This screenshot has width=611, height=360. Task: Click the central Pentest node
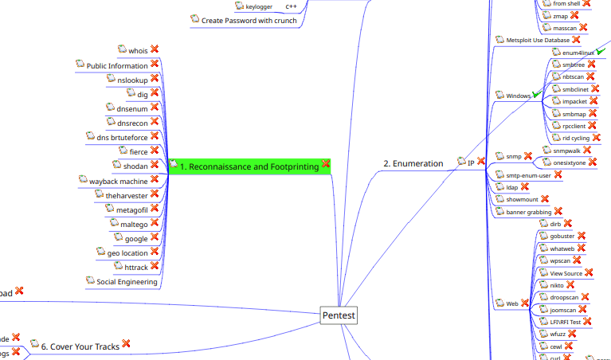pyautogui.click(x=339, y=315)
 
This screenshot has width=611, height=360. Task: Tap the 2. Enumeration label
pyautogui.click(x=413, y=163)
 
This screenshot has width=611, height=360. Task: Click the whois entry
pyautogui.click(x=138, y=51)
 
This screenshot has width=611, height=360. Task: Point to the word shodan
pyautogui.click(x=135, y=166)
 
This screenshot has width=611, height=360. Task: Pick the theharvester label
pyautogui.click(x=127, y=195)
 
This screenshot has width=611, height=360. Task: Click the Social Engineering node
pyautogui.click(x=127, y=281)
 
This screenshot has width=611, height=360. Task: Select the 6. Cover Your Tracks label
pyautogui.click(x=80, y=346)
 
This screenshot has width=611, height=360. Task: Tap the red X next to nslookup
pyautogui.click(x=155, y=79)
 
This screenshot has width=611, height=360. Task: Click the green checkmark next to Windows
pyautogui.click(x=538, y=94)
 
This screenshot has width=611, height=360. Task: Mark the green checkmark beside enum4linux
pyautogui.click(x=602, y=50)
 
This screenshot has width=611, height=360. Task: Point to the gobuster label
pyautogui.click(x=562, y=237)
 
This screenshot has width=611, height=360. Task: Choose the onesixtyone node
pyautogui.click(x=569, y=162)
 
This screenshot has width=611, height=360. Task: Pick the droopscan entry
pyautogui.click(x=563, y=297)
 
